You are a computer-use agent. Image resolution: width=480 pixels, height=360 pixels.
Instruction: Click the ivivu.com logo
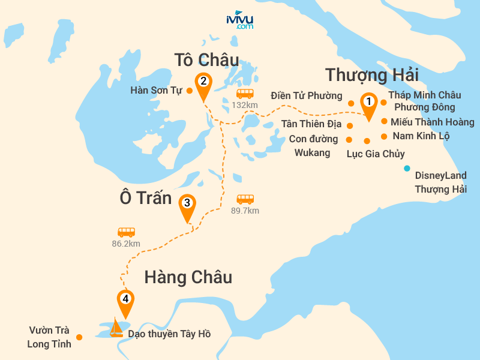click(239, 20)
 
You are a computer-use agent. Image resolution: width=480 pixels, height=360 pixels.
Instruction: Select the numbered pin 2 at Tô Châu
click(203, 82)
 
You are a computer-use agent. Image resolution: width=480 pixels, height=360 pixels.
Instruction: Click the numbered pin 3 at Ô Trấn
click(187, 204)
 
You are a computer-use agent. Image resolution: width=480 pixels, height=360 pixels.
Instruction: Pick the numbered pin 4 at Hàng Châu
click(125, 299)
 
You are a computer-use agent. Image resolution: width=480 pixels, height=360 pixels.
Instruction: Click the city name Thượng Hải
click(371, 76)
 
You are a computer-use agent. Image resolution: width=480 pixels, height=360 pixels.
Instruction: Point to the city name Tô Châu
click(206, 60)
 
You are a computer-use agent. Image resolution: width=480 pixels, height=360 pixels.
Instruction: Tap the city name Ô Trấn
click(146, 199)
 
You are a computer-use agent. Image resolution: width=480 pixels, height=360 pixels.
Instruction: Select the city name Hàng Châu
click(188, 277)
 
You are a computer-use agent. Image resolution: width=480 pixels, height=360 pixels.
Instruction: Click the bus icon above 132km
click(245, 94)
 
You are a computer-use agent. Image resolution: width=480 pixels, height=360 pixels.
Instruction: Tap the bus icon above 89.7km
click(245, 199)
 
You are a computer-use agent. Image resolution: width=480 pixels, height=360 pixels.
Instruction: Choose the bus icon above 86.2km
click(126, 232)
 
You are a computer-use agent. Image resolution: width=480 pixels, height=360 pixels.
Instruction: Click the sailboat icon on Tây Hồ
click(115, 328)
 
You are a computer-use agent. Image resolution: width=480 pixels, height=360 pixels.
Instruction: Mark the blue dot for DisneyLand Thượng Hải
click(407, 168)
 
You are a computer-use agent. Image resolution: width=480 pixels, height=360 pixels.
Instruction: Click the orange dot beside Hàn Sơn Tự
click(189, 91)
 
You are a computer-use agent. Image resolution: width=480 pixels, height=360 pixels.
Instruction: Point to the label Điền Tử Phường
click(306, 95)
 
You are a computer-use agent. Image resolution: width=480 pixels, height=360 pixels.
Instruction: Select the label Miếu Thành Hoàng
click(432, 122)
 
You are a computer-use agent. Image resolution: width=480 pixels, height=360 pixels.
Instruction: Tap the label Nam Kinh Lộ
click(421, 136)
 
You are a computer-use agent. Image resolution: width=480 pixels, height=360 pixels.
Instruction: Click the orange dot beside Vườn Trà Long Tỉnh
click(80, 337)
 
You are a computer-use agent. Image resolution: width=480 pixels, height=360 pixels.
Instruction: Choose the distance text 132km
click(244, 106)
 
